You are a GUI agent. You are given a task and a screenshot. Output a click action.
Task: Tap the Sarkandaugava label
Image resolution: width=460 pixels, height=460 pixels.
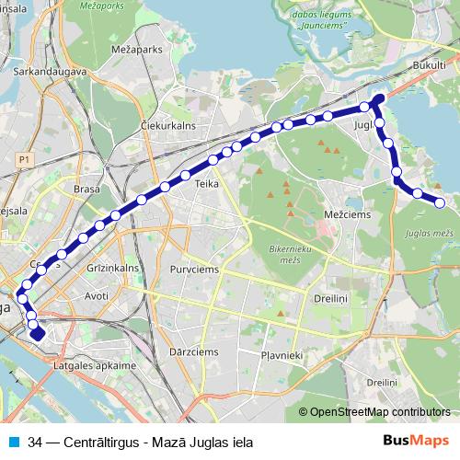coord(51,70)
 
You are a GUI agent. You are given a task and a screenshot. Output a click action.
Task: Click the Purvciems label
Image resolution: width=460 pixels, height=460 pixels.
coord(205,269)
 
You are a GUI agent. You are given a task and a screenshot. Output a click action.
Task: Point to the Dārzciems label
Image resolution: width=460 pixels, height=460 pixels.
coord(191,351)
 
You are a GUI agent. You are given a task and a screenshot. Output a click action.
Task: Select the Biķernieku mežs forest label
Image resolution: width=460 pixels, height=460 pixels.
coord(293,254)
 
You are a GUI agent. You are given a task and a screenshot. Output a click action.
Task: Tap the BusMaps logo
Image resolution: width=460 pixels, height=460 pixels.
coord(417,442)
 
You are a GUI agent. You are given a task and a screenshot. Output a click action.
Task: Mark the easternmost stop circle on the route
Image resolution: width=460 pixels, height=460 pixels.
coord(440,202)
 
